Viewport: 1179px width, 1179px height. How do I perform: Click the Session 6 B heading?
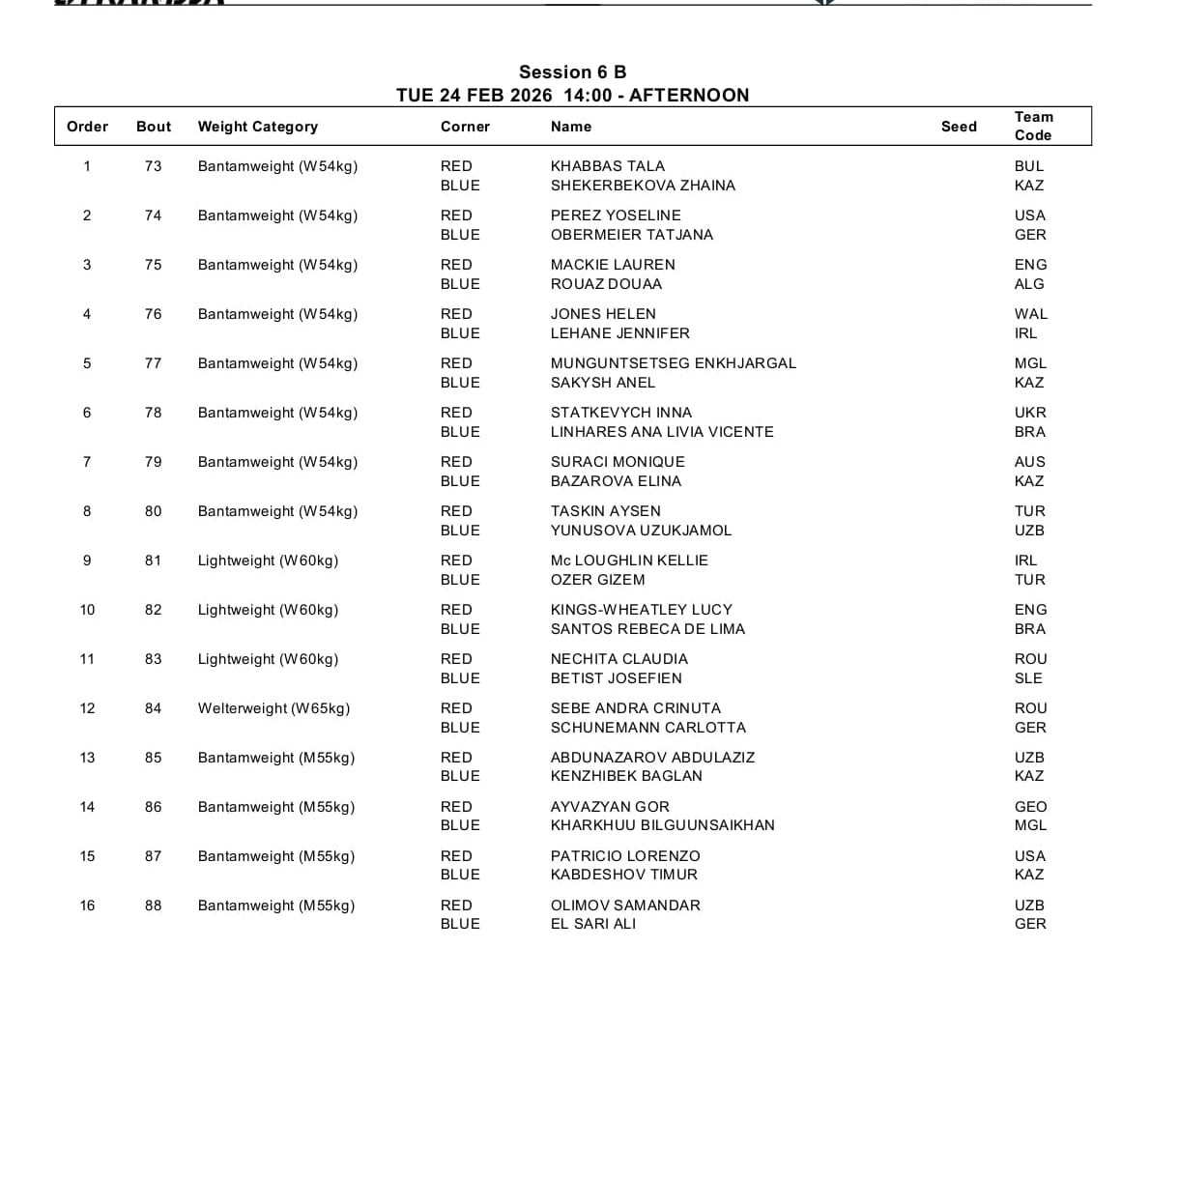coord(572,72)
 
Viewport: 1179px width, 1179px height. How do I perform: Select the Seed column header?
coord(959,127)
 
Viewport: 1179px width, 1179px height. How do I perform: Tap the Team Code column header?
coord(1033,126)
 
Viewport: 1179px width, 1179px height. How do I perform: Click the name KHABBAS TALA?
coord(608,166)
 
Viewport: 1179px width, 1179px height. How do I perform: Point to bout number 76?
coord(153,314)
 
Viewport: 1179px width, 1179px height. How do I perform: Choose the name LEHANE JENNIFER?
coord(620,333)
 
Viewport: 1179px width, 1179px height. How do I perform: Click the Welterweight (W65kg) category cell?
coord(274,708)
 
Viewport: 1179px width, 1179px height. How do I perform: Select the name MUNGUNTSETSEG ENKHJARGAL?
coord(674,363)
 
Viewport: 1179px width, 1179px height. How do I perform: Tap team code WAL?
coord(1031,314)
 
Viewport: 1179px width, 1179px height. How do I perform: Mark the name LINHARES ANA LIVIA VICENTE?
coord(662,432)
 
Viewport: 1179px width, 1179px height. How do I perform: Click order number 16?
coord(87,906)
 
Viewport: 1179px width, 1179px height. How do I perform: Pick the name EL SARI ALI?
coord(593,924)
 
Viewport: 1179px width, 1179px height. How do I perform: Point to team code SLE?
coord(1028,678)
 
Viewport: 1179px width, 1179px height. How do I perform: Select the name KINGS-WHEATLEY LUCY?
coord(642,610)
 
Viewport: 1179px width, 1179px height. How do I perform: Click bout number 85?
coord(153,758)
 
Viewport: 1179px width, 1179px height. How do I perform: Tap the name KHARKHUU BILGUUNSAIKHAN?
coord(663,825)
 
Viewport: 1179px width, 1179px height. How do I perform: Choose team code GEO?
coord(1030,807)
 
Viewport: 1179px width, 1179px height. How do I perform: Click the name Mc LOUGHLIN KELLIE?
coord(629,561)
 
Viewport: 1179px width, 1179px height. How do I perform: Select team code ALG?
coord(1029,284)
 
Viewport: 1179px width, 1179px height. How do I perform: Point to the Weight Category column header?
coord(258,127)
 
